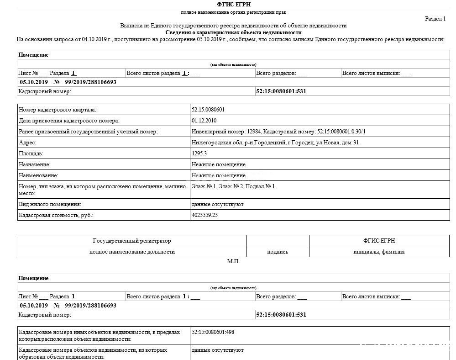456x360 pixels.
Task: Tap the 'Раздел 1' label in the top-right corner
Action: click(435, 19)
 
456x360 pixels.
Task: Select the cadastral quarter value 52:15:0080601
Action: click(208, 110)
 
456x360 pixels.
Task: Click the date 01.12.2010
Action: click(204, 121)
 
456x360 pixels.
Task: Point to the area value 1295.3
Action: click(199, 154)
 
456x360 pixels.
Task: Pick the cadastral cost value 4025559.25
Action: click(205, 215)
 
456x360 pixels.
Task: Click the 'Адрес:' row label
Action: click(27, 143)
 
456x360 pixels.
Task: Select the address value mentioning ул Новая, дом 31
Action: click(275, 143)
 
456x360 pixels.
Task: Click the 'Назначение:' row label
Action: click(34, 164)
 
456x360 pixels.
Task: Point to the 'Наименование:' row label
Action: click(38, 175)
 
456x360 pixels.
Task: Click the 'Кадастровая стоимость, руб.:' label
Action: click(56, 215)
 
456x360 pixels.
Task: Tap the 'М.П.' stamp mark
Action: click(233, 262)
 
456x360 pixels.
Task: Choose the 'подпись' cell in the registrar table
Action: click(278, 252)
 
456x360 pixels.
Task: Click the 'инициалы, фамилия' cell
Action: click(379, 252)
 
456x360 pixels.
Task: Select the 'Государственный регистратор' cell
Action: click(132, 241)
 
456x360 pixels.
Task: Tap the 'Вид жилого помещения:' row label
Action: click(50, 204)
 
